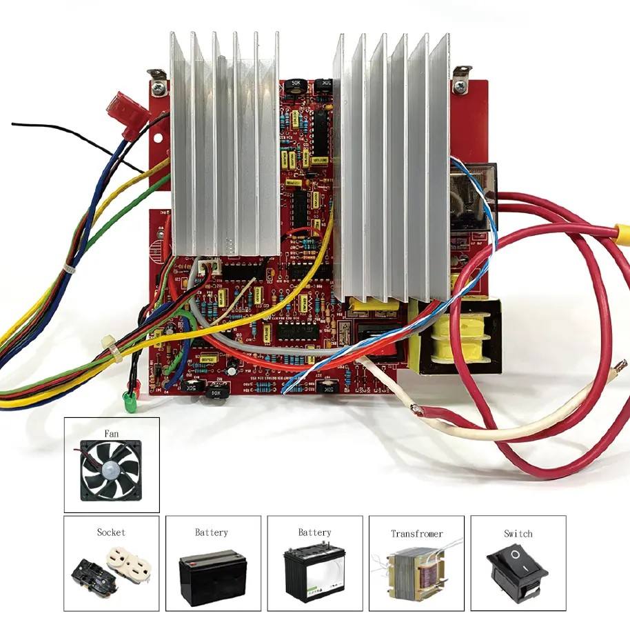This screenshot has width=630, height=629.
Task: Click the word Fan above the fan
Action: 112,434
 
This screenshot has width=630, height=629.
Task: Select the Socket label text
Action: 111,532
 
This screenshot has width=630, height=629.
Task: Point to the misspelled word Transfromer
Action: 417,534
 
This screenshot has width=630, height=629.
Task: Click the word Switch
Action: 518,534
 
